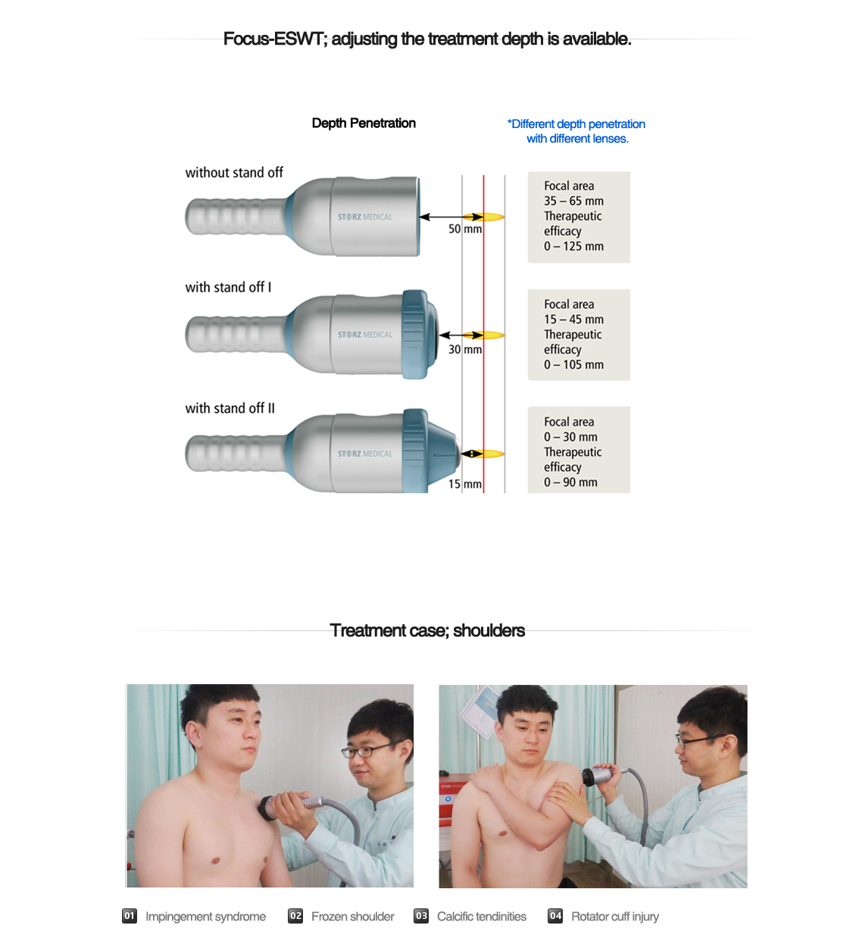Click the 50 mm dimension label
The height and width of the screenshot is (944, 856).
click(x=464, y=229)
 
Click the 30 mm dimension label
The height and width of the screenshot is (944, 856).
click(x=464, y=349)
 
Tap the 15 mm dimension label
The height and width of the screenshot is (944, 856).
click(x=464, y=484)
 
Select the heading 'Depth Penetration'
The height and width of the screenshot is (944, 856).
click(x=364, y=123)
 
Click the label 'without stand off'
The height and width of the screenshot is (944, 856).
click(x=234, y=173)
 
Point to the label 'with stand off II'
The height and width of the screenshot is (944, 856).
click(x=230, y=408)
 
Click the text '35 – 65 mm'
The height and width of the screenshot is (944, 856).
click(x=573, y=202)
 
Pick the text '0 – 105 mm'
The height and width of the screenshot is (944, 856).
click(x=573, y=365)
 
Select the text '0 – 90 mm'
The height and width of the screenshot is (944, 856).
click(x=570, y=483)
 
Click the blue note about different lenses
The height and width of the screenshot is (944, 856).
click(x=576, y=131)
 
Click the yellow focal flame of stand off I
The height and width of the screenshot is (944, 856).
click(x=493, y=335)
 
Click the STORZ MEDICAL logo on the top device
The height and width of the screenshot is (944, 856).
click(x=365, y=217)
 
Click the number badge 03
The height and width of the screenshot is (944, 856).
click(x=421, y=916)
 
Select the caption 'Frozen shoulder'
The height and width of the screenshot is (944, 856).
click(x=352, y=917)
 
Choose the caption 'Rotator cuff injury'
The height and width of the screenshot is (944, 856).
click(x=614, y=917)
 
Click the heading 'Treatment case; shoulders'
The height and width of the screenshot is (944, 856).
click(x=427, y=630)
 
